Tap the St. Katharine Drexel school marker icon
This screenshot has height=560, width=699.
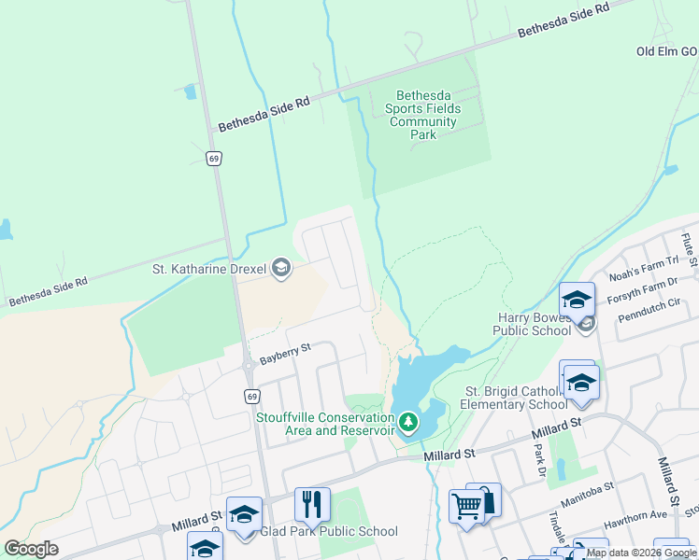[280, 270]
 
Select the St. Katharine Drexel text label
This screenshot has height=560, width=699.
[209, 270]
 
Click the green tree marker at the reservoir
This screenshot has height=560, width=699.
[407, 423]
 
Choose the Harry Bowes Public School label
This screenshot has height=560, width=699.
[534, 324]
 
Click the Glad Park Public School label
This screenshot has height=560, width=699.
[329, 532]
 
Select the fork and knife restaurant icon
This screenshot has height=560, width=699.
[312, 505]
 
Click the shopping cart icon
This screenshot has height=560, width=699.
[466, 507]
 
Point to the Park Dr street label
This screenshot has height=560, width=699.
[539, 459]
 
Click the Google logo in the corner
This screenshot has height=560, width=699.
[31, 549]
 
